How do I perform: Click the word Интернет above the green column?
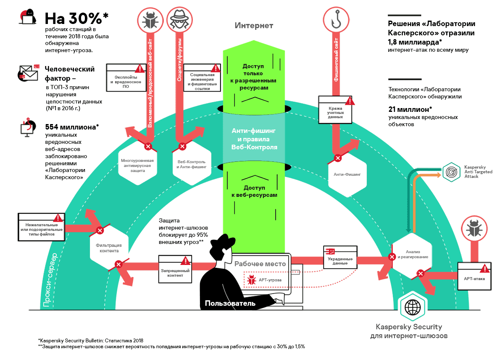point(254,26)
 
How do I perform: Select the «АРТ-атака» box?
point(474,277)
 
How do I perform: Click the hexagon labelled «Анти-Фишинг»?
point(347,174)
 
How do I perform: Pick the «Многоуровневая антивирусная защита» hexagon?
point(137,164)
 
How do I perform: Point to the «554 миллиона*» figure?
point(71,127)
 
